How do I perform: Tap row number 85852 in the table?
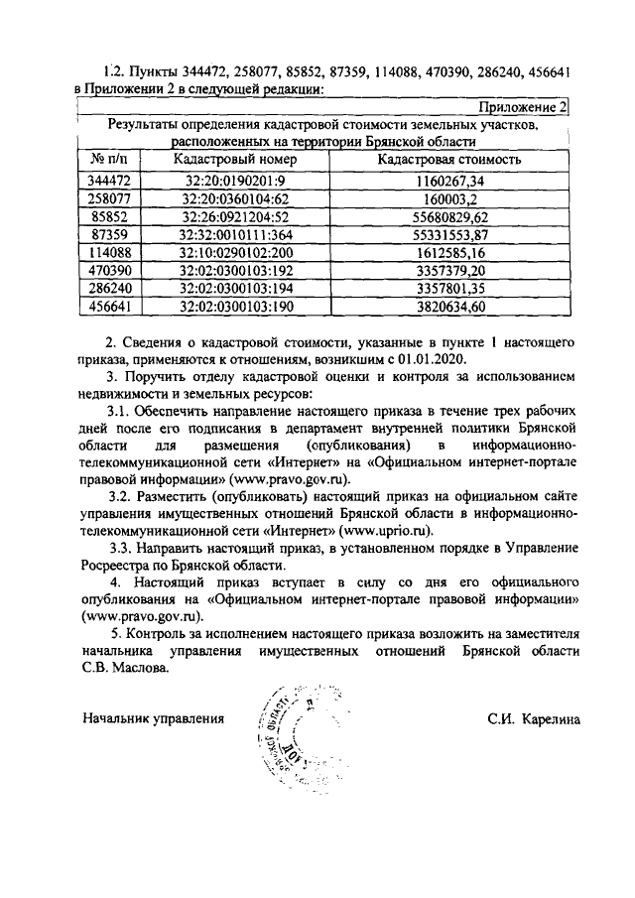(x=110, y=216)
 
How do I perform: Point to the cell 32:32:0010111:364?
(x=235, y=234)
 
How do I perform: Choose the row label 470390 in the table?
(x=110, y=270)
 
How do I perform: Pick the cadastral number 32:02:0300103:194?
(x=235, y=288)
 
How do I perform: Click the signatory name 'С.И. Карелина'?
(x=534, y=717)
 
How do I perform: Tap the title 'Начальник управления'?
(x=154, y=717)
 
